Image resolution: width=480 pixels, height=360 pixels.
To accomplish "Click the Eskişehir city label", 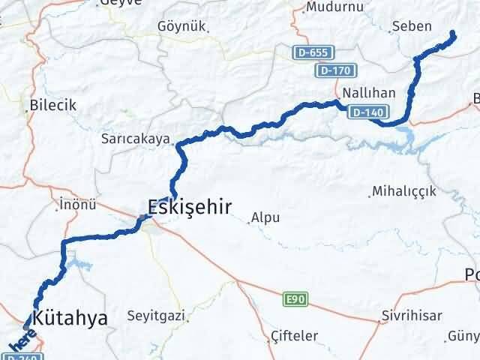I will click(189, 207).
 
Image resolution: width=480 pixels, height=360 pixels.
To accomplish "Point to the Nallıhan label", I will click(363, 94).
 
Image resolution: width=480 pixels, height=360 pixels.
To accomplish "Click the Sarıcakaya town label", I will click(136, 139).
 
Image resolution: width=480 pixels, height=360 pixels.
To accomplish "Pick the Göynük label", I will click(181, 26).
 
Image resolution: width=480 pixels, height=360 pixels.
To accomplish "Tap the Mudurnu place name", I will click(334, 7).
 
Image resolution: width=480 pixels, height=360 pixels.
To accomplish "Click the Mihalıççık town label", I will click(406, 191).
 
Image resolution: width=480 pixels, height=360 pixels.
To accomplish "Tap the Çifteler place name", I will click(294, 335).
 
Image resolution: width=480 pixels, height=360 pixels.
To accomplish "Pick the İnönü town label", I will click(78, 203).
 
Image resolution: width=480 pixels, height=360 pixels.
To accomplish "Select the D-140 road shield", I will click(366, 112).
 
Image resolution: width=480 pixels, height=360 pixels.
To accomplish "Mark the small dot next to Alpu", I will click(249, 220).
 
